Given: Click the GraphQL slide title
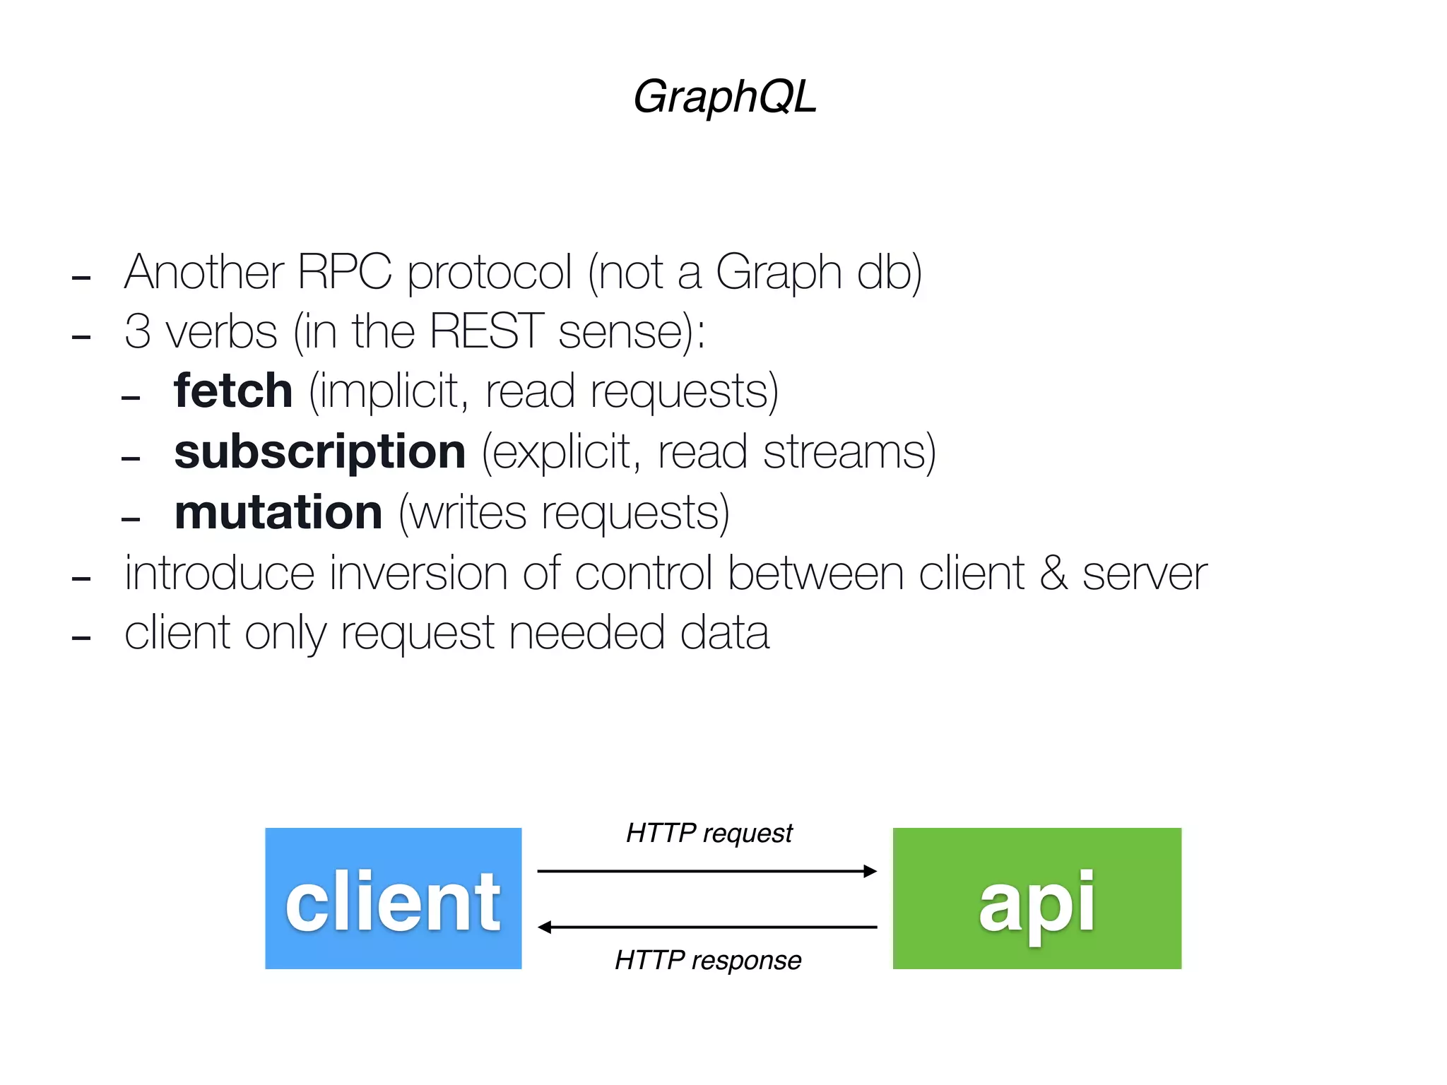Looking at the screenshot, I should coord(724,96).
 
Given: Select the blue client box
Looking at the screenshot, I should coord(393,899).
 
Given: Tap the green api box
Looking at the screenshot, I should coord(1036,899).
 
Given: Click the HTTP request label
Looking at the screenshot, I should coord(709,834).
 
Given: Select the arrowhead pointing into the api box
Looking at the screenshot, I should coord(870,871).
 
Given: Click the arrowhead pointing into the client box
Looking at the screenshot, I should coord(545,927).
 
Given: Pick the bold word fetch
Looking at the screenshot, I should coord(233,391).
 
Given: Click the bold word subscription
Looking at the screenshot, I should coord(319,451).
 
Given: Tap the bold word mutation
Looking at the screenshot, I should coord(278,512).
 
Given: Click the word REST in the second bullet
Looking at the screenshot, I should coord(486,331).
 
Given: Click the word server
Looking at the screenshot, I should coord(1145,574).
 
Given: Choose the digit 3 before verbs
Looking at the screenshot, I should coord(137,331).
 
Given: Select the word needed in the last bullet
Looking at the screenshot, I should coord(586,632).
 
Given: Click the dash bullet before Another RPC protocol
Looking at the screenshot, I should coord(81,277).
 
